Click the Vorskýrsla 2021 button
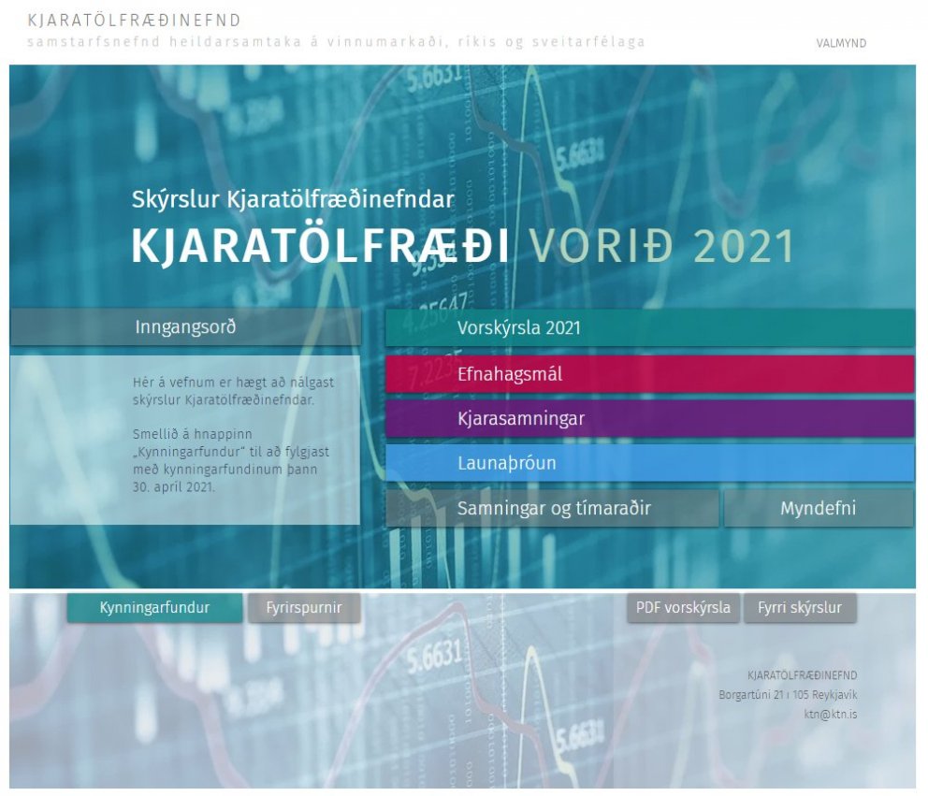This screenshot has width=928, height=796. (x=649, y=328)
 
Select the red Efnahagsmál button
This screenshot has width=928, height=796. (x=649, y=374)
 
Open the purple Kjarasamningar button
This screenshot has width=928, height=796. (x=649, y=418)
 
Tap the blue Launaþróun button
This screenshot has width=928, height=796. (x=649, y=463)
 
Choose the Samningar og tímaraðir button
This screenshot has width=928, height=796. (x=553, y=509)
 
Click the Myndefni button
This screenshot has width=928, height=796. (x=819, y=509)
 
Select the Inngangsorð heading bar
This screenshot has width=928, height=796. (x=185, y=327)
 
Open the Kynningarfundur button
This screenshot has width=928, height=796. (x=154, y=608)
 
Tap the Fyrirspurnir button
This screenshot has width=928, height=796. (x=304, y=608)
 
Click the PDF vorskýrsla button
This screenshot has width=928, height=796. (x=683, y=608)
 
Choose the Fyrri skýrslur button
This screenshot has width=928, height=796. (x=800, y=608)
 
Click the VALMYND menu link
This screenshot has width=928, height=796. (x=841, y=43)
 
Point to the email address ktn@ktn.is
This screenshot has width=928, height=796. (x=831, y=714)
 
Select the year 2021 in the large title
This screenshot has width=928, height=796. (x=745, y=247)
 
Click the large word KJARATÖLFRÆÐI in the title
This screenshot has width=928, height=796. (x=321, y=247)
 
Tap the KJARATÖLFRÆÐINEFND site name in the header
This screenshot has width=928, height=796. (x=135, y=21)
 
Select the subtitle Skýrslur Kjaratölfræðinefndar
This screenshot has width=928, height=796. (x=293, y=199)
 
